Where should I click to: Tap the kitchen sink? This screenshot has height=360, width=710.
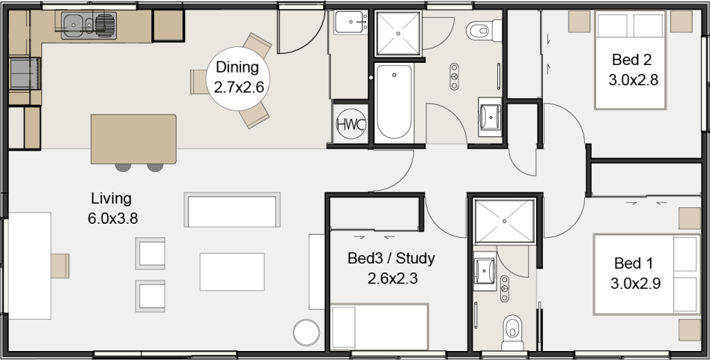(88, 25)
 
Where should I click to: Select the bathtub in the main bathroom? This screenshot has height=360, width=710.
(395, 102)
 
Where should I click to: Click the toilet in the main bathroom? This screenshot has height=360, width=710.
(485, 30)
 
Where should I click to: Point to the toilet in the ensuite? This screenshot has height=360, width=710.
(512, 332)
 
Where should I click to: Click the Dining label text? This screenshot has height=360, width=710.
(237, 67)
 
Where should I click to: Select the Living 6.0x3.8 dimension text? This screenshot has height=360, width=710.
(113, 219)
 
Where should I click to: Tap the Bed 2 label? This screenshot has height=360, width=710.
(631, 59)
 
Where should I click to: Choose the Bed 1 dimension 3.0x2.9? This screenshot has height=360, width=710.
(635, 284)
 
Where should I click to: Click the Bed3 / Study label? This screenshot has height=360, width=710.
(391, 258)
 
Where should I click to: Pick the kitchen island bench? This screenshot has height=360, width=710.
(133, 139)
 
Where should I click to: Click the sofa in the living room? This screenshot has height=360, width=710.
(232, 210)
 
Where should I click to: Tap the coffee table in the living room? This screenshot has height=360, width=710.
(232, 272)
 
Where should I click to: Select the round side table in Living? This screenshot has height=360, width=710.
(306, 333)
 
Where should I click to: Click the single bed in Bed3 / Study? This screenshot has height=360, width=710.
(380, 326)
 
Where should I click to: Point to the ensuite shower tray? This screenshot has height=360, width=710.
(505, 221)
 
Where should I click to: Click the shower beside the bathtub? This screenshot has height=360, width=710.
(398, 33)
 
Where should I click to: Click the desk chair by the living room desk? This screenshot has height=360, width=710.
(60, 266)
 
